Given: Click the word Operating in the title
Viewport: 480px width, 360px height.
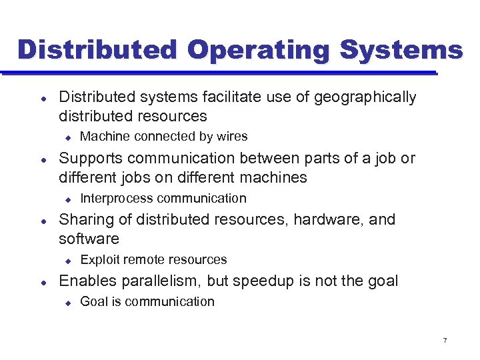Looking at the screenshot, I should pyautogui.click(x=259, y=51).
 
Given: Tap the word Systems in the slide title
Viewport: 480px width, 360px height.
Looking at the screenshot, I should pyautogui.click(x=401, y=51).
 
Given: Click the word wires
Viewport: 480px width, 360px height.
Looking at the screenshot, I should pyautogui.click(x=232, y=137).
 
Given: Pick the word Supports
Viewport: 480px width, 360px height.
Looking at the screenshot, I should pyautogui.click(x=88, y=159).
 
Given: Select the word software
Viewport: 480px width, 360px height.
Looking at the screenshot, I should pyautogui.click(x=89, y=239).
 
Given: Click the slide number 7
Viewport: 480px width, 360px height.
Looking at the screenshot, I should pyautogui.click(x=445, y=341).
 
